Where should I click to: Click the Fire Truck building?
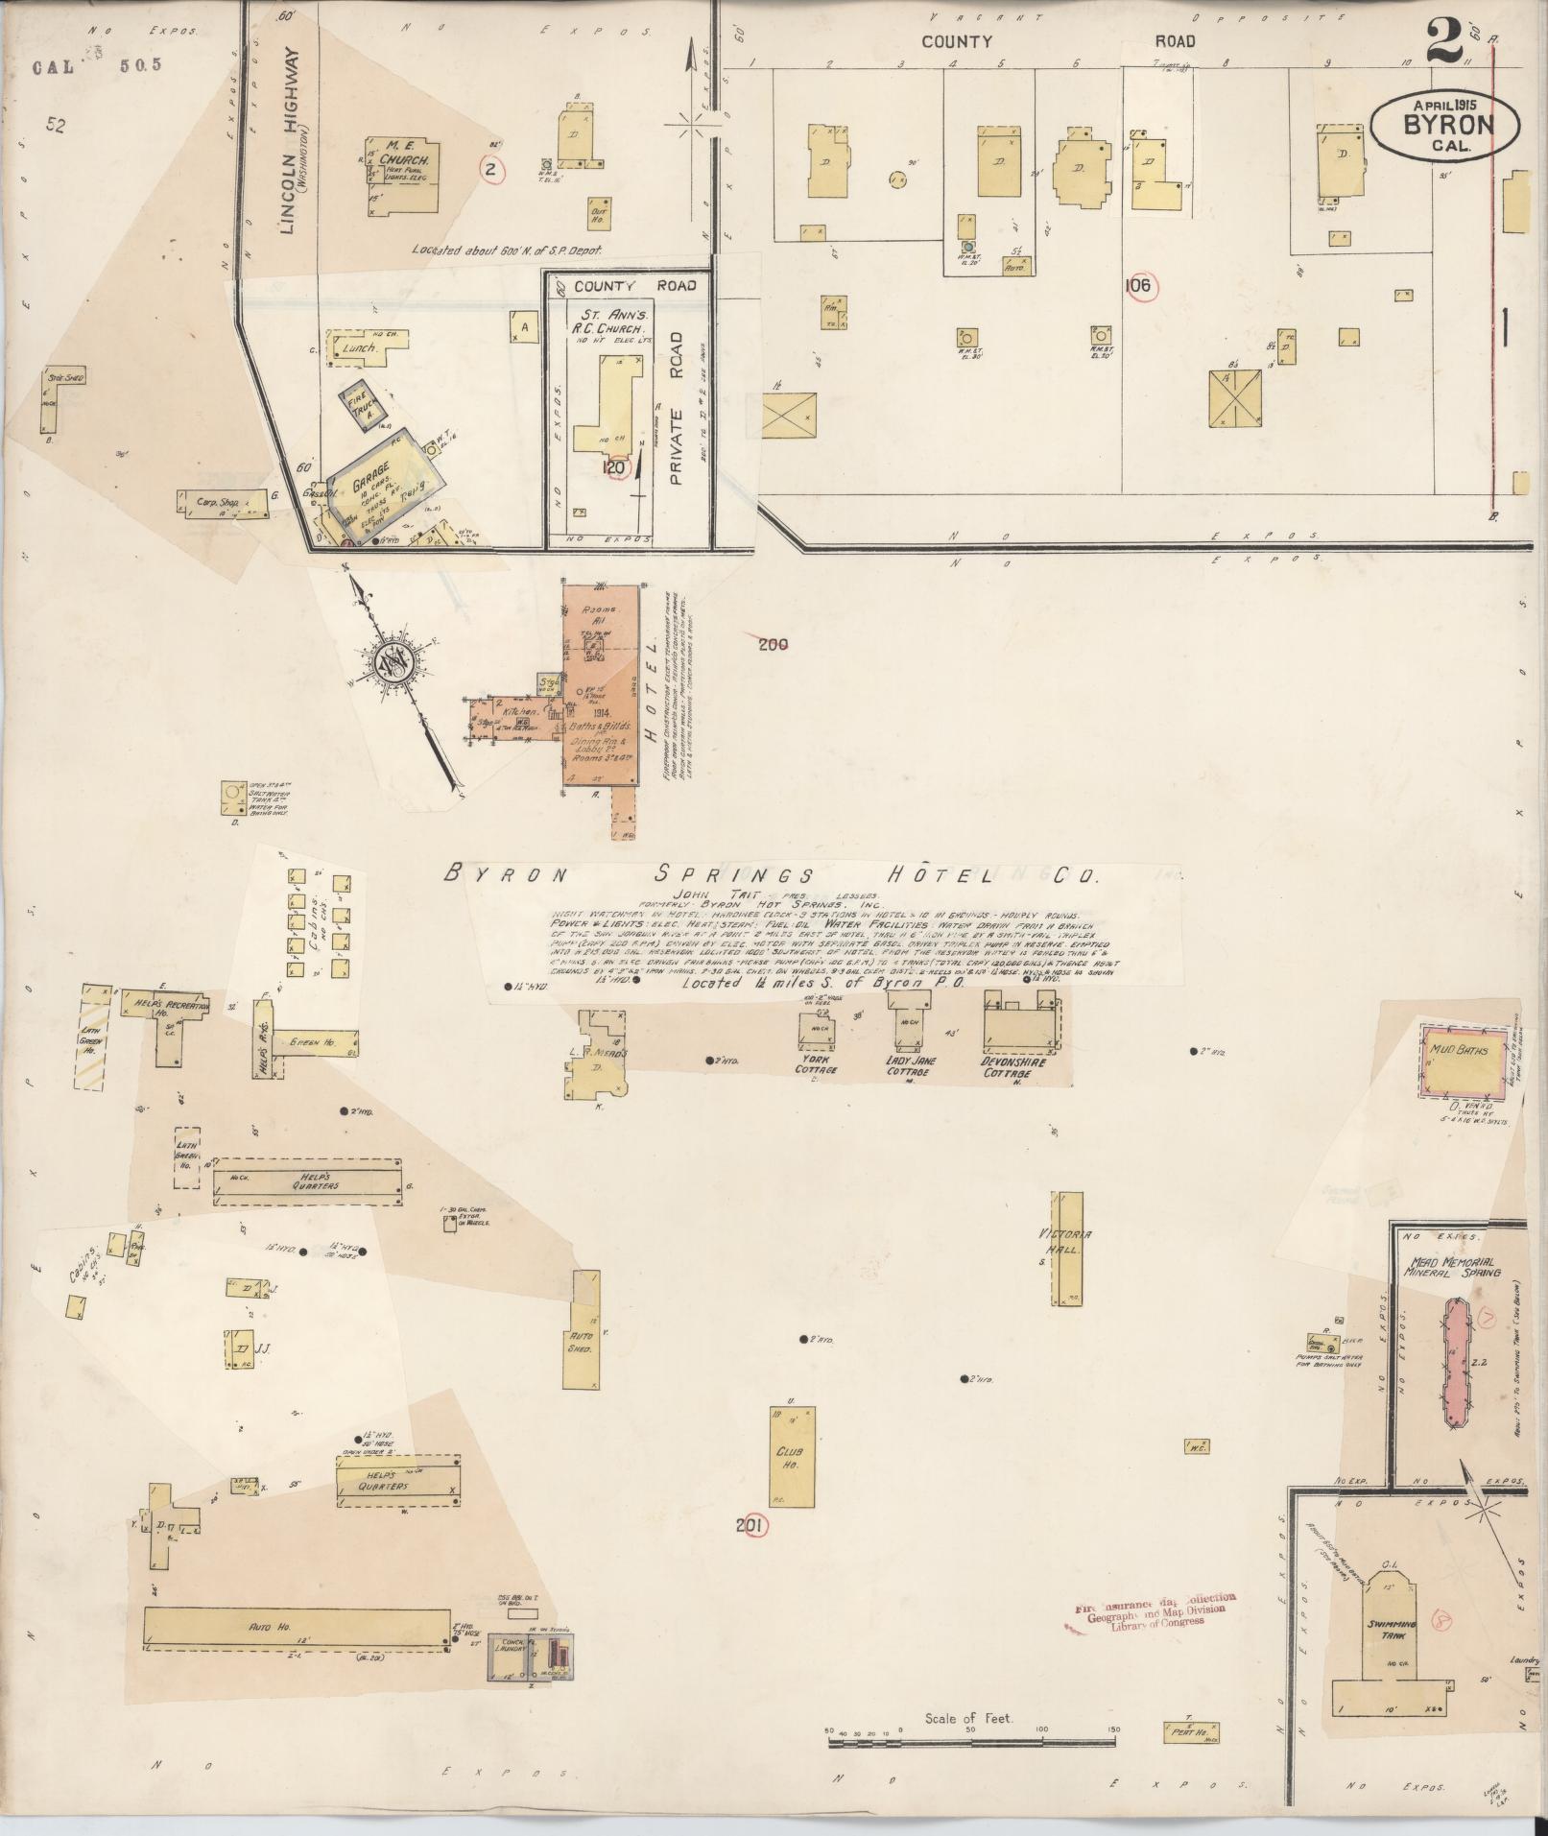365,410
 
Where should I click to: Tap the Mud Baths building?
1459,1060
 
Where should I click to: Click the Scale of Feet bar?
969,1729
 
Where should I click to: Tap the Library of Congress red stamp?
1151,1610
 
